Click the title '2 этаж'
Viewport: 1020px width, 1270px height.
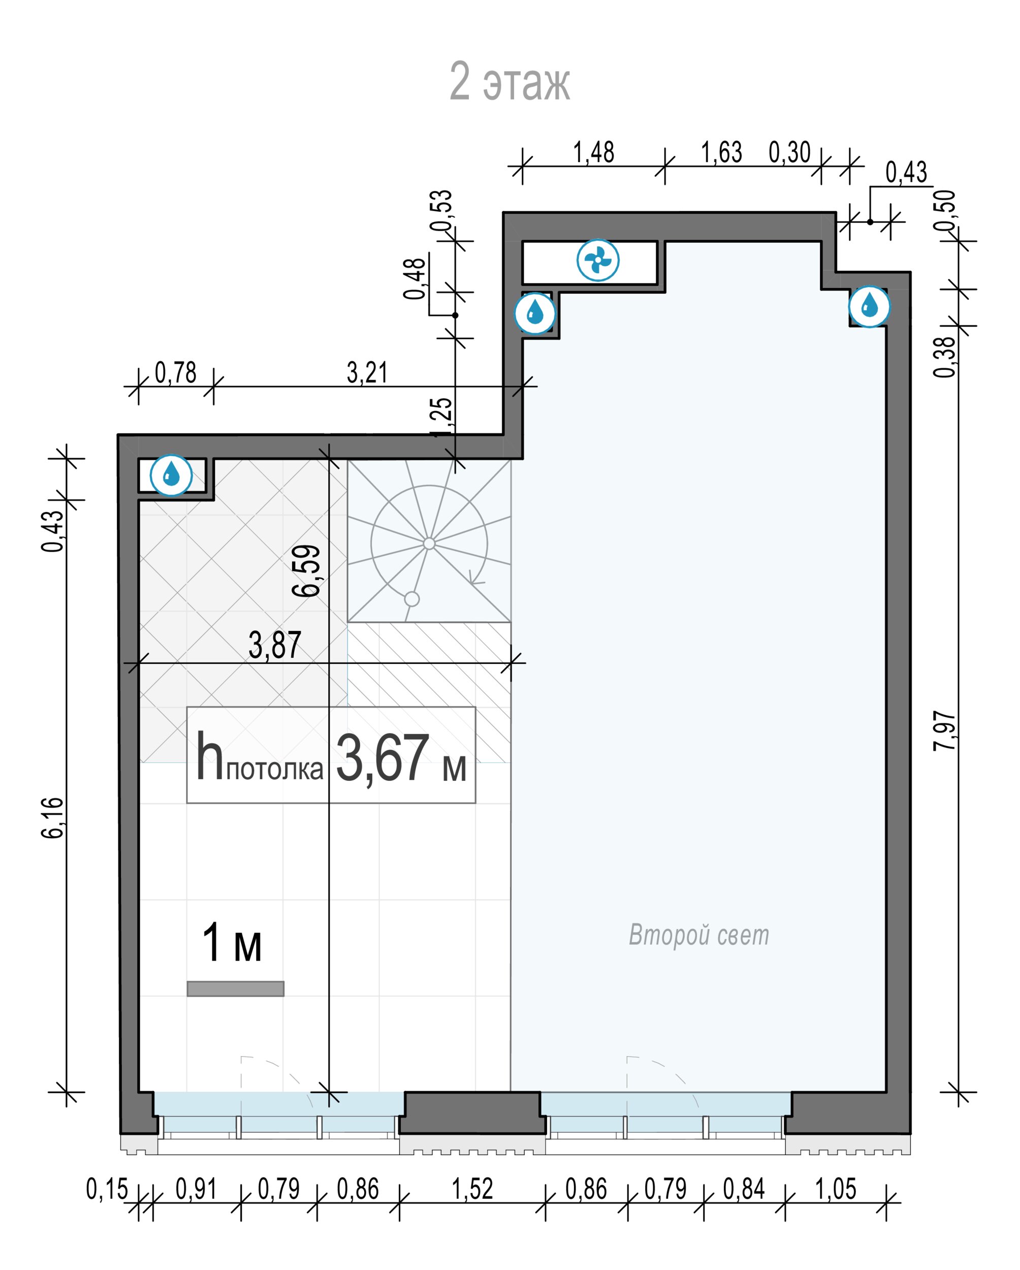click(509, 81)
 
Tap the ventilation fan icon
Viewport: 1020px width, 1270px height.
click(598, 260)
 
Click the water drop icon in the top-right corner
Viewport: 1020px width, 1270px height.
click(869, 306)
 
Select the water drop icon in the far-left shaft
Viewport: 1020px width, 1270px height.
click(171, 474)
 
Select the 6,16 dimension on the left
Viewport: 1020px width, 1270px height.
click(52, 817)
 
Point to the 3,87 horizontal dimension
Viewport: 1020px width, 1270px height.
click(275, 645)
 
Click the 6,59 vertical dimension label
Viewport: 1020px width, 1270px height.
click(307, 571)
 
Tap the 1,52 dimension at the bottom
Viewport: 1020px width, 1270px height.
click(472, 1189)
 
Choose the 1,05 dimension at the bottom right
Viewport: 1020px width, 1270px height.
click(836, 1189)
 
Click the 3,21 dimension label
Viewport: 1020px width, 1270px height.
click(367, 373)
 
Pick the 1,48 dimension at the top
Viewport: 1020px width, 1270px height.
click(594, 152)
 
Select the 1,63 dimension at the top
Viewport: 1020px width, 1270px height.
click(721, 152)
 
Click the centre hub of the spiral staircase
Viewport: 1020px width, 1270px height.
click(429, 543)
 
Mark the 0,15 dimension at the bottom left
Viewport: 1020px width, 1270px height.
click(107, 1189)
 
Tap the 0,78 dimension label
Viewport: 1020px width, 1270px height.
click(175, 373)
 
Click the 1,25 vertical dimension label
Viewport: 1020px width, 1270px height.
click(443, 418)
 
